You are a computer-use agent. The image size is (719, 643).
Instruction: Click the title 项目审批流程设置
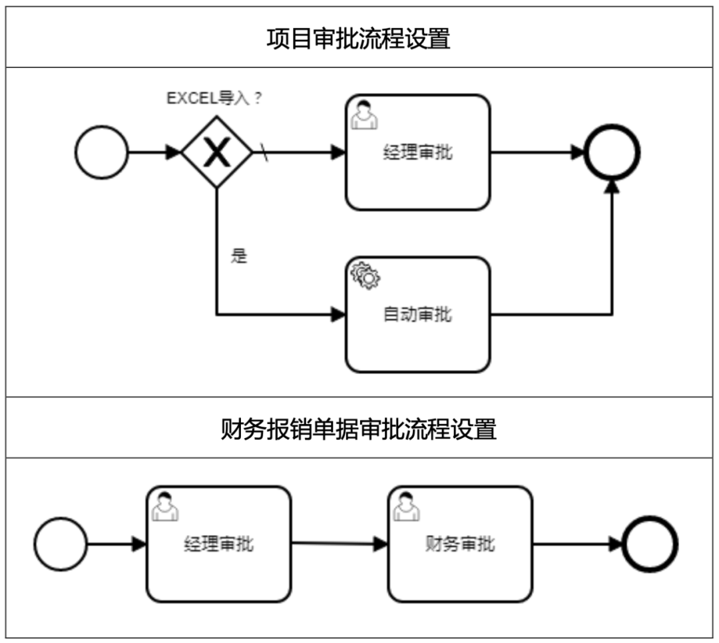coord(358,39)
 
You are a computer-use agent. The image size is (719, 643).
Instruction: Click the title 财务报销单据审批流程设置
coord(358,429)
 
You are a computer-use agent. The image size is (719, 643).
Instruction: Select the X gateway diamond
coord(217,152)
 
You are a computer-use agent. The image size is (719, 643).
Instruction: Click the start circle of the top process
coord(101,152)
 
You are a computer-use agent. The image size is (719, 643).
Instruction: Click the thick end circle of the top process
coord(612,152)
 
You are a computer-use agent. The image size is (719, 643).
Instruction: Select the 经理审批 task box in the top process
coord(417,152)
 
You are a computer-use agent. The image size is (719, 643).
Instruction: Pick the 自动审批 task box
coord(417,314)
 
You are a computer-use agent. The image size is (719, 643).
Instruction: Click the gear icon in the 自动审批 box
coord(365,276)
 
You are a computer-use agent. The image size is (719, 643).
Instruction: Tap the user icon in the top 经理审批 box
coord(364,114)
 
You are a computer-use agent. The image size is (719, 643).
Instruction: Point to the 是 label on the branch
coord(239,256)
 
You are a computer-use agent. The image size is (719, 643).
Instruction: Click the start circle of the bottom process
coord(61,544)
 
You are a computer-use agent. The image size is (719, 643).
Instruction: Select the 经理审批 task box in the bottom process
coord(218,544)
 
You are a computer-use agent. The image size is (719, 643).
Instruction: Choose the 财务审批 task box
coord(460,544)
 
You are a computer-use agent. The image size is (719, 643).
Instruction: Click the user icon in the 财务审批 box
coord(405,506)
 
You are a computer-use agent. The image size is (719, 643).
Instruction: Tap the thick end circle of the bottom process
coord(650,544)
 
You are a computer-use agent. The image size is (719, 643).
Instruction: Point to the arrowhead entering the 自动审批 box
coord(338,314)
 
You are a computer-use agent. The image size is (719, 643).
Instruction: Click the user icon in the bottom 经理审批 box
coord(164,506)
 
